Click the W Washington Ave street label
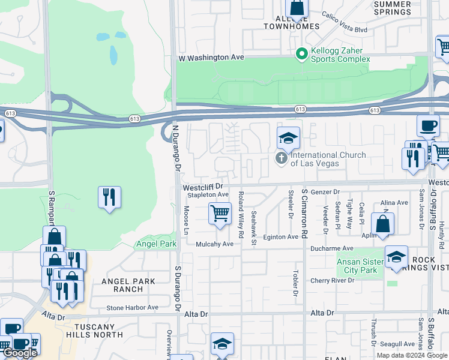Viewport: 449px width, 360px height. [x=211, y=57]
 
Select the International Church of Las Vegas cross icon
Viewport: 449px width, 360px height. [x=280, y=158]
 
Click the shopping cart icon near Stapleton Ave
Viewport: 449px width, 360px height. [x=220, y=213]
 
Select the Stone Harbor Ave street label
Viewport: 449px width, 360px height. [x=132, y=308]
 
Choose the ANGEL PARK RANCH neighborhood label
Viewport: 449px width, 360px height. [x=128, y=285]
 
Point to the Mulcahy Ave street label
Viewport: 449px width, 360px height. [x=214, y=244]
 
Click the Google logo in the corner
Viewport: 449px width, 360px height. [x=19, y=353]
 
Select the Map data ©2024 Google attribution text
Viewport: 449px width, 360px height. [x=412, y=355]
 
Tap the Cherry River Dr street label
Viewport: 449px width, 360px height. [x=334, y=281]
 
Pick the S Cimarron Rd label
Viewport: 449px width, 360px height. [x=304, y=213]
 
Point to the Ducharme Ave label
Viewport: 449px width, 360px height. [x=331, y=248]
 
